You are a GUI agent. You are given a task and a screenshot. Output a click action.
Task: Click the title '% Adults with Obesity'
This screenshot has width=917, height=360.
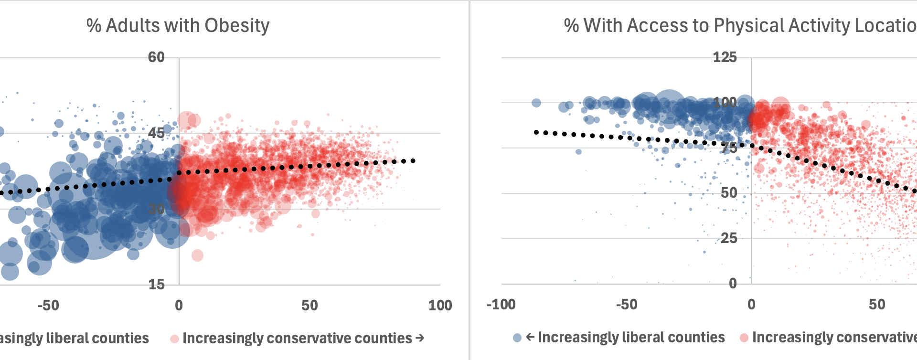point(178,26)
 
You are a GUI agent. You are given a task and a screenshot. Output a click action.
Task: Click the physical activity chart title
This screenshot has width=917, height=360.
point(739,26)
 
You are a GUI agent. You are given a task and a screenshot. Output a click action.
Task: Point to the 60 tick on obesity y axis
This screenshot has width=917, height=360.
point(156,57)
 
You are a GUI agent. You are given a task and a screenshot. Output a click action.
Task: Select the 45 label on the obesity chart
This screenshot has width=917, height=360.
point(156,133)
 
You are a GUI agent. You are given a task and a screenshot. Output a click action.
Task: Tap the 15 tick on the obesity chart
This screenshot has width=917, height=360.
point(156,285)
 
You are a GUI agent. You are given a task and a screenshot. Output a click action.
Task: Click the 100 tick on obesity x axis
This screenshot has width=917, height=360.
point(439,306)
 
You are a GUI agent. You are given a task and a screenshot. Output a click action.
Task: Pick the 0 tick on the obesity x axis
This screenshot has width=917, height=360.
point(179,306)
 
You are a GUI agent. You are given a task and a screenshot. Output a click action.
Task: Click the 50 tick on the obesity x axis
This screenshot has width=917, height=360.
point(309,306)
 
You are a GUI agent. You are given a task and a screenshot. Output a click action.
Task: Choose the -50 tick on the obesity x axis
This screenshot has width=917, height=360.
point(48,306)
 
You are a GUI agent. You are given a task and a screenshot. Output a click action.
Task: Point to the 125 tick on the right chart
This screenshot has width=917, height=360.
point(725,57)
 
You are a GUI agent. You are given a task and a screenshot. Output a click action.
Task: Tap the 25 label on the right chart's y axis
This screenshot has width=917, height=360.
point(729,238)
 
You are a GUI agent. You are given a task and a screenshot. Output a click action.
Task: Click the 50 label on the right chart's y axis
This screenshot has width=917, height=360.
point(729,193)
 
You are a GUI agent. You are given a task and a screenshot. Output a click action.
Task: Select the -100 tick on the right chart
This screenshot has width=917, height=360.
point(501,305)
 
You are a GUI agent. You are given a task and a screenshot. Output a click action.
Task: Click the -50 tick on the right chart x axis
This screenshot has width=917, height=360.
point(626,305)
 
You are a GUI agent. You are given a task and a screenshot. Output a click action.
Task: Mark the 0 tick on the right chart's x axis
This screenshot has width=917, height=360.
point(751,305)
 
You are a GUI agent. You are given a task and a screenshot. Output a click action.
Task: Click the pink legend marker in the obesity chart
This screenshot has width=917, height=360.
point(175,339)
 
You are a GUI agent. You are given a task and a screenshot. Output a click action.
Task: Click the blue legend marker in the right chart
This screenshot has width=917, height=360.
point(517,338)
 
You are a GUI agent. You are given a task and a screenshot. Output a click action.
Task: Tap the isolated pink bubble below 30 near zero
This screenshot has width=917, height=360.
point(197,255)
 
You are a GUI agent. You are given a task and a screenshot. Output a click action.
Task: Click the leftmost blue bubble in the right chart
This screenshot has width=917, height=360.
point(536,103)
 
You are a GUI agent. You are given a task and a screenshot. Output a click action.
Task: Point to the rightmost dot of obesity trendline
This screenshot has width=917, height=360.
point(413,161)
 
